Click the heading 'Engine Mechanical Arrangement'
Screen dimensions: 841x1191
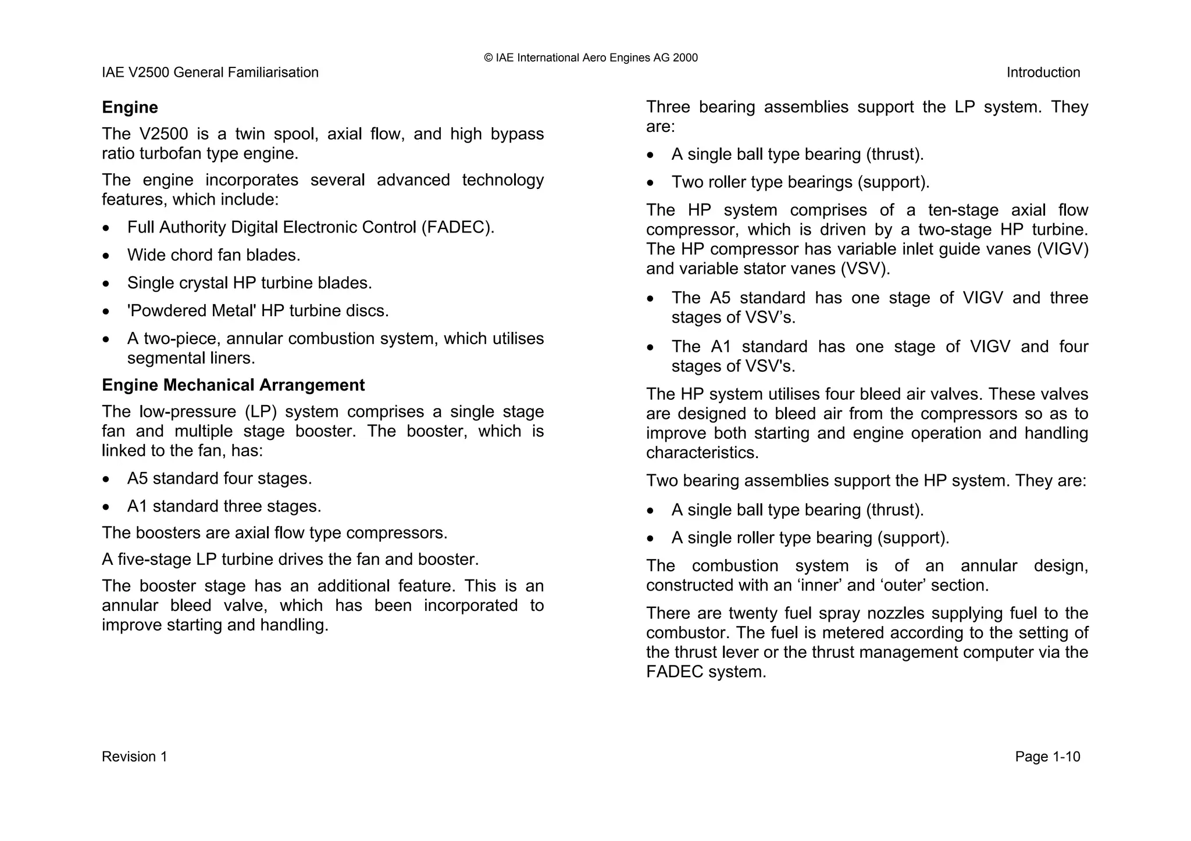point(233,385)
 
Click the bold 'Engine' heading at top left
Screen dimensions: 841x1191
point(130,108)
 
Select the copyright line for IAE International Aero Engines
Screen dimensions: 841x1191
point(590,58)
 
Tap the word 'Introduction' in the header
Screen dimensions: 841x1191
point(1043,73)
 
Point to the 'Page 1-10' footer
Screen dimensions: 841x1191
point(1047,757)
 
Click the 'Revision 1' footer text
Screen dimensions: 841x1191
point(134,757)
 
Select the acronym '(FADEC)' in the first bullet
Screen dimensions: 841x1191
point(458,227)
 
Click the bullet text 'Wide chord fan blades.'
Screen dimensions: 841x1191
point(213,255)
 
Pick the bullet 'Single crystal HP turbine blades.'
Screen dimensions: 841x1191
point(249,283)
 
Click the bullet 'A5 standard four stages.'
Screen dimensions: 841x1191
point(219,479)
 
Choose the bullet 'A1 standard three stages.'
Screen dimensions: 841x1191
point(224,507)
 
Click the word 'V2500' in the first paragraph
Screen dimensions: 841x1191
point(163,134)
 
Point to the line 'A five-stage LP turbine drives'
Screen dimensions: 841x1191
point(290,560)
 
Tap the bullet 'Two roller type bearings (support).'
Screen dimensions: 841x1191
point(800,182)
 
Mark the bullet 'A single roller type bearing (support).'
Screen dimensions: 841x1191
point(810,538)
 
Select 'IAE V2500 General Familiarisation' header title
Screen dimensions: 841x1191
point(210,73)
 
